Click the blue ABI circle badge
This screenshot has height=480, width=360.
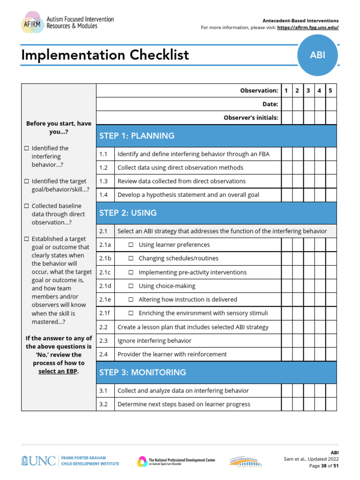[317, 55]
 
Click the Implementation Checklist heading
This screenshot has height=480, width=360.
[105, 55]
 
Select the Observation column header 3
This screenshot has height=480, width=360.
[308, 90]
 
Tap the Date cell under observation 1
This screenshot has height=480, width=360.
[286, 104]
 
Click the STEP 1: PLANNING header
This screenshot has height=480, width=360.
[137, 136]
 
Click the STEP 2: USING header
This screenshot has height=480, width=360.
[128, 213]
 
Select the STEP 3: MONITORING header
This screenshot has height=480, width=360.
[143, 373]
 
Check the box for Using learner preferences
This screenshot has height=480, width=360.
[131, 245]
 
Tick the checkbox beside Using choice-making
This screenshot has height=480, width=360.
[131, 286]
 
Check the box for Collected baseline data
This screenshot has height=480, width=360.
[27, 206]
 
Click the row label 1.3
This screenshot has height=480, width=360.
[104, 181]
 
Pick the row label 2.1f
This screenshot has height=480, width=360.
[105, 313]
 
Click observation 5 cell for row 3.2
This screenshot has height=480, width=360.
[330, 404]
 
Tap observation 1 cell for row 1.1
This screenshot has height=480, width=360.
[286, 154]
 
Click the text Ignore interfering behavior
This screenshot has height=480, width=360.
[154, 341]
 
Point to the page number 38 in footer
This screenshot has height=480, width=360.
[324, 466]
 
